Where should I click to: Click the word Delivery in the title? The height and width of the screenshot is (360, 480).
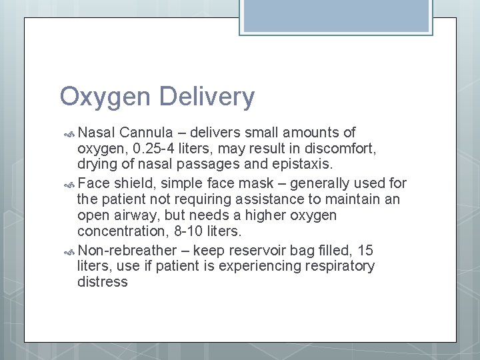(207, 97)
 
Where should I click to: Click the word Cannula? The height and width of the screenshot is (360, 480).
(151, 133)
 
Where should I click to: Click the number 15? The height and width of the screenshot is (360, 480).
(365, 250)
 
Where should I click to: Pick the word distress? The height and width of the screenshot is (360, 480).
(102, 282)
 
